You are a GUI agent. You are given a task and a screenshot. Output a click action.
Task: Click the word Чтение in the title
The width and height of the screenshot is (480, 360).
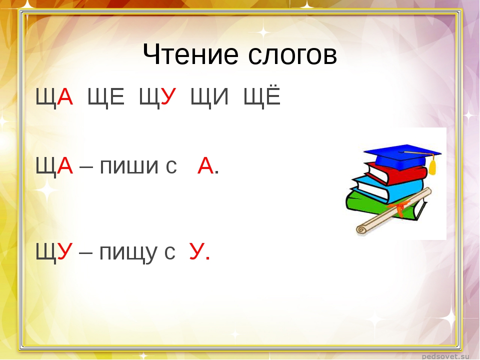click(190, 54)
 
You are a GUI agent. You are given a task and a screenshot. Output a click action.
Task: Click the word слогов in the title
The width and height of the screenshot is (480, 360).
click(292, 55)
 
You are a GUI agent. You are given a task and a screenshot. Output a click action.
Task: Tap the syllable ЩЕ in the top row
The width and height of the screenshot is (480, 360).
click(106, 96)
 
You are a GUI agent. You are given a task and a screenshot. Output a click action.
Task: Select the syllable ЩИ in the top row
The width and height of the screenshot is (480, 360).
click(209, 96)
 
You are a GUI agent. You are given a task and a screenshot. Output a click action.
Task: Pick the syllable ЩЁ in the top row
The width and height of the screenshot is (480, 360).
click(262, 95)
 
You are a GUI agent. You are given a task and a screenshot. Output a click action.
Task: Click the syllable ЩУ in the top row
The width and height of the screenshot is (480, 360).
click(157, 96)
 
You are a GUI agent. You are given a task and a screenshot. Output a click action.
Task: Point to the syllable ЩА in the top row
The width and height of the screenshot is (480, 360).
click(54, 96)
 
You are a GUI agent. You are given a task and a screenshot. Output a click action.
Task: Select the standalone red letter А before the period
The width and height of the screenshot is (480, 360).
click(205, 165)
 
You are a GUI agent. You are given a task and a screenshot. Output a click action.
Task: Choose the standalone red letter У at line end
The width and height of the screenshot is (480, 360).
click(197, 251)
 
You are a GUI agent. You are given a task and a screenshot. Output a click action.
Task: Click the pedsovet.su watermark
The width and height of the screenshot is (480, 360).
click(445, 356)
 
